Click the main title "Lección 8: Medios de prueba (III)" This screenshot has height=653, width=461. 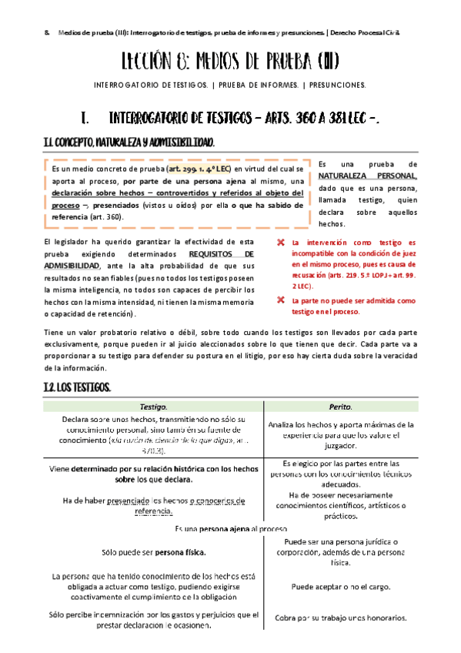tap(230, 61)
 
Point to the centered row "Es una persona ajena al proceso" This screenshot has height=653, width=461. tap(231, 530)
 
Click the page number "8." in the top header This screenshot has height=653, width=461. tap(47, 33)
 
